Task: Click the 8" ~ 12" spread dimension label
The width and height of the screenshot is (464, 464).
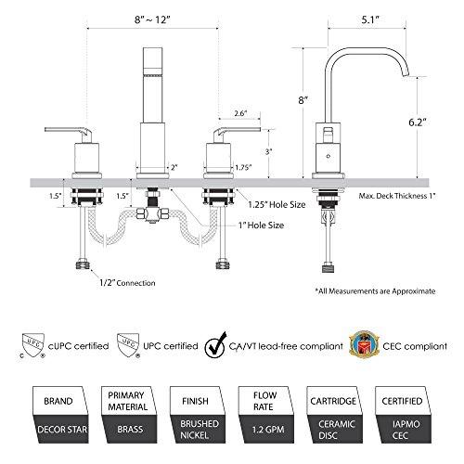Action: (x=152, y=19)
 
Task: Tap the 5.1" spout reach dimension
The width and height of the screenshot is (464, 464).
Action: (x=370, y=19)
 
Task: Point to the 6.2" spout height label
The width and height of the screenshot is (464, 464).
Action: (x=418, y=122)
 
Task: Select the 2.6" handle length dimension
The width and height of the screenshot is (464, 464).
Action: (x=240, y=113)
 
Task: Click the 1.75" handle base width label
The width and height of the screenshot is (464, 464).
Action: (x=243, y=167)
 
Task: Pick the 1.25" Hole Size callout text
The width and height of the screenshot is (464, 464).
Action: (x=277, y=204)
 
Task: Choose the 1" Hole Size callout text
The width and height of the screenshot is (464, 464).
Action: (x=261, y=226)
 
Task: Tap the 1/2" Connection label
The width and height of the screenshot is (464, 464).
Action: (x=127, y=283)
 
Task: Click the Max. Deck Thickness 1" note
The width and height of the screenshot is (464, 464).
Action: (x=397, y=196)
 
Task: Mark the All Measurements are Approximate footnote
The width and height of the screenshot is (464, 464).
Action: (x=375, y=291)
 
